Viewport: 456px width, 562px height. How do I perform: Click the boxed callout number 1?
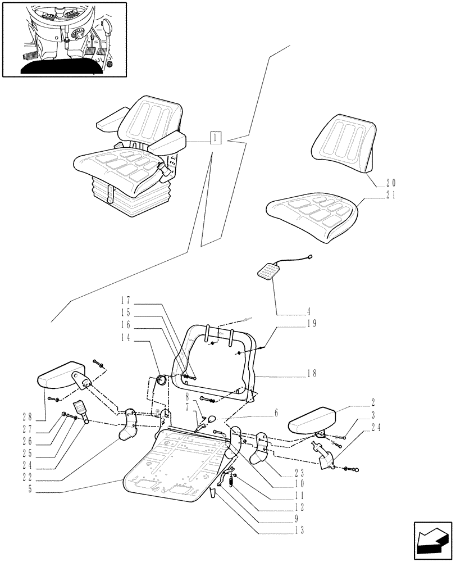(x=216, y=138)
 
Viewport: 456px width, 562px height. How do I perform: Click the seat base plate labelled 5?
(x=168, y=466)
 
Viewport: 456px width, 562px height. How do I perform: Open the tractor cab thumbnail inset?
(x=64, y=39)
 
